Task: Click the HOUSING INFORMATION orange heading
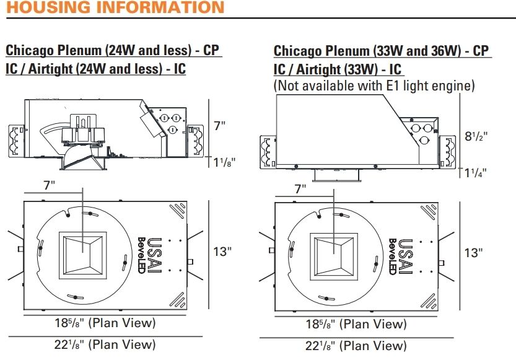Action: pos(115,7)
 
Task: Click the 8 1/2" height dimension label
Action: pos(476,136)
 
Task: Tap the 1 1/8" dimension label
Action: pos(224,162)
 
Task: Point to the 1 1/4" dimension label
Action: pos(475,172)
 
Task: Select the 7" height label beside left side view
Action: pos(219,126)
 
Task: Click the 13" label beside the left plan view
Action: pos(222,252)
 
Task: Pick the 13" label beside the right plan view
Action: pos(473,253)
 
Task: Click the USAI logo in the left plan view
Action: pos(154,255)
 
